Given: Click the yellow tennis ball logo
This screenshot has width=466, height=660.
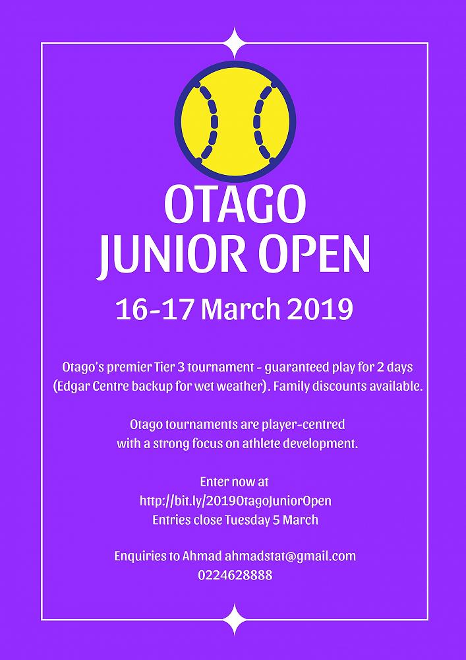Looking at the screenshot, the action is [x=235, y=121].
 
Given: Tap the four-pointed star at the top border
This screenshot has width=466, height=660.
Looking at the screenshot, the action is [x=235, y=43].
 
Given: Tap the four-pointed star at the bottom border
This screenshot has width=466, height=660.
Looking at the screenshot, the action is [x=235, y=619].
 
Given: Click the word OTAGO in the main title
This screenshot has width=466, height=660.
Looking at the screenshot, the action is [x=235, y=205].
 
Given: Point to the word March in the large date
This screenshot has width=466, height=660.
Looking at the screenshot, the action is [x=241, y=310].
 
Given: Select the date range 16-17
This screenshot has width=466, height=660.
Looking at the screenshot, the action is [x=155, y=310].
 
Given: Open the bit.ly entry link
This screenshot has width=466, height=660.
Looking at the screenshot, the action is [x=235, y=501].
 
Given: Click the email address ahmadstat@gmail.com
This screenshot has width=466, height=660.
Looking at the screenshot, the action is [x=291, y=556].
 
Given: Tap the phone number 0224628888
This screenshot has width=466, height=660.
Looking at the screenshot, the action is [x=235, y=575].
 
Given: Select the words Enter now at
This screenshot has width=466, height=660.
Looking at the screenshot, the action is [x=235, y=482].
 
